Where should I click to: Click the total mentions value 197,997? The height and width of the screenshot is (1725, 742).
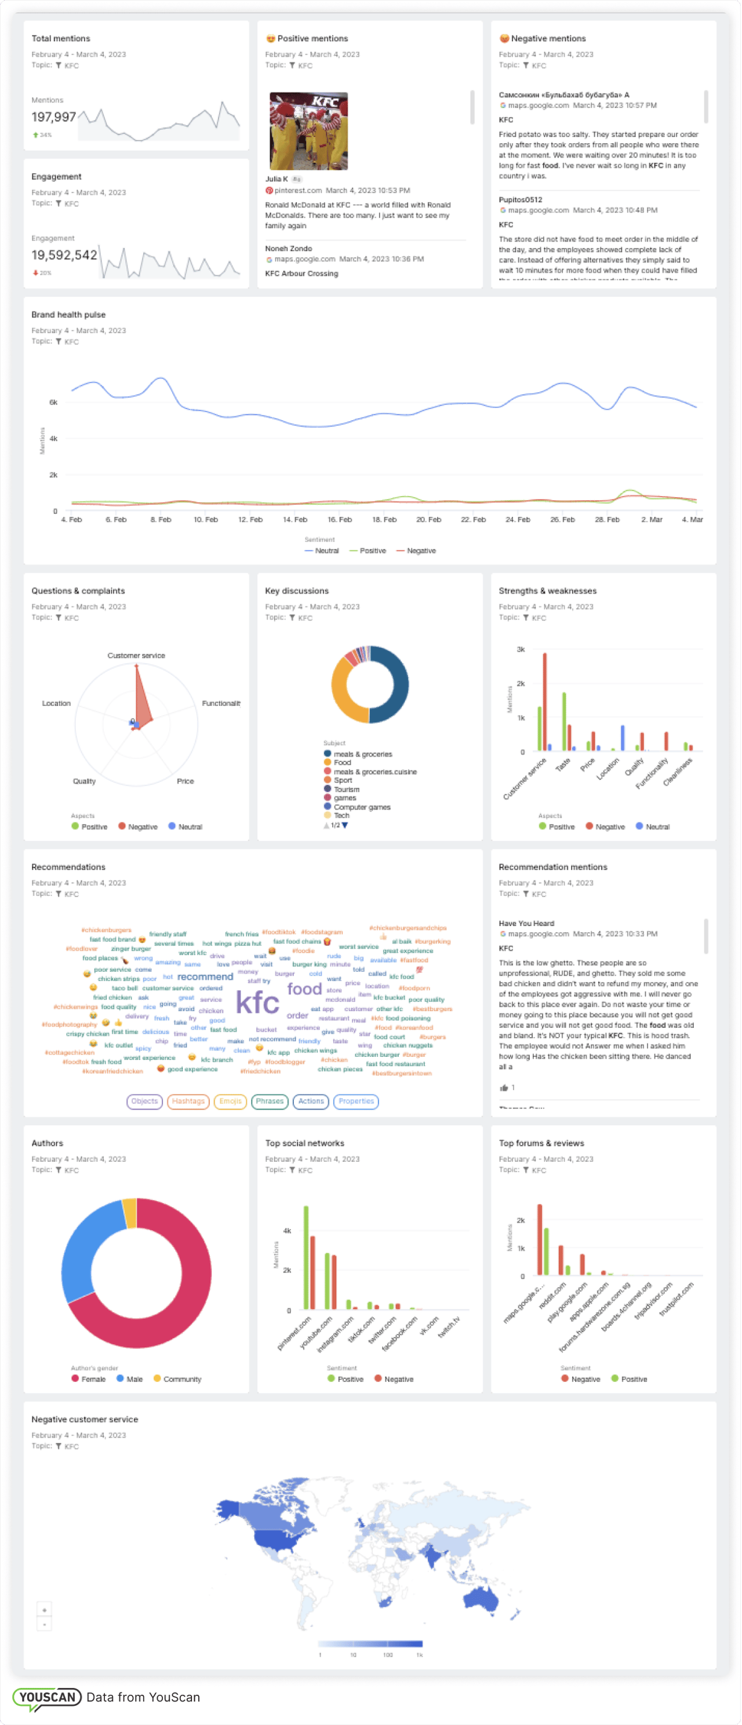pos(53,117)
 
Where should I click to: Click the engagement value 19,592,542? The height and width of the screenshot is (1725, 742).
pos(64,255)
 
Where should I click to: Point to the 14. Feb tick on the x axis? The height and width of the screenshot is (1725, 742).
pos(294,520)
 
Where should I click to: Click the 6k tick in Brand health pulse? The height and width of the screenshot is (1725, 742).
pos(53,403)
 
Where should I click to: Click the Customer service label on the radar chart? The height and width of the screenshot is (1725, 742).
pos(136,655)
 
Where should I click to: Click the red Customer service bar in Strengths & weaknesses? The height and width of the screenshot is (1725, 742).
pos(544,703)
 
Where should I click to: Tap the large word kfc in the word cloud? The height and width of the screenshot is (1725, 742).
pos(258,1003)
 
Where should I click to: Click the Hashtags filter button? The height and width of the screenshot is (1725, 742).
pos(188,1101)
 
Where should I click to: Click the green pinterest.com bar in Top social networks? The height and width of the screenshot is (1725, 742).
pos(306,1259)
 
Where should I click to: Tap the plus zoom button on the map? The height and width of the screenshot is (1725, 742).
pos(44,1610)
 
